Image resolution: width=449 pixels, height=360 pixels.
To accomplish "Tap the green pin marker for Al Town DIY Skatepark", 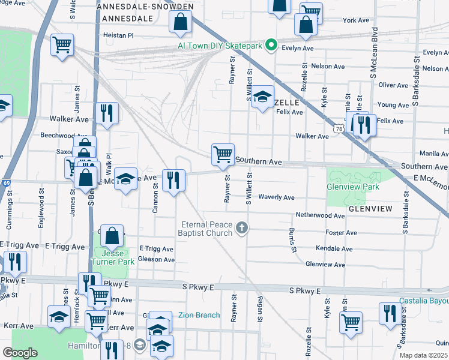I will (271, 44).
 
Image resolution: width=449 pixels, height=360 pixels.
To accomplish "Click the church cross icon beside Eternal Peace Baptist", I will (242, 227).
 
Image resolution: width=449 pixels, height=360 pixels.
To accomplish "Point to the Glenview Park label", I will (352, 187).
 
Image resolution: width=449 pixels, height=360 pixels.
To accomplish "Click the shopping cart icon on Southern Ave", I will (223, 154).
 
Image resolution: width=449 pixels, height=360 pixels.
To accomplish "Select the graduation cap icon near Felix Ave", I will (262, 97).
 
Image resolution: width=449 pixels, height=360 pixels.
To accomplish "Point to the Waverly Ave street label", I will (276, 197).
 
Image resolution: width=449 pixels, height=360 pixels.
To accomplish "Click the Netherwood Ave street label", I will (320, 215).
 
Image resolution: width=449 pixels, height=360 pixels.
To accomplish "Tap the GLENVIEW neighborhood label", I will (370, 209).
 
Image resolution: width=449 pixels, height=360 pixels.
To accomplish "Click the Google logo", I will (20, 353).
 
